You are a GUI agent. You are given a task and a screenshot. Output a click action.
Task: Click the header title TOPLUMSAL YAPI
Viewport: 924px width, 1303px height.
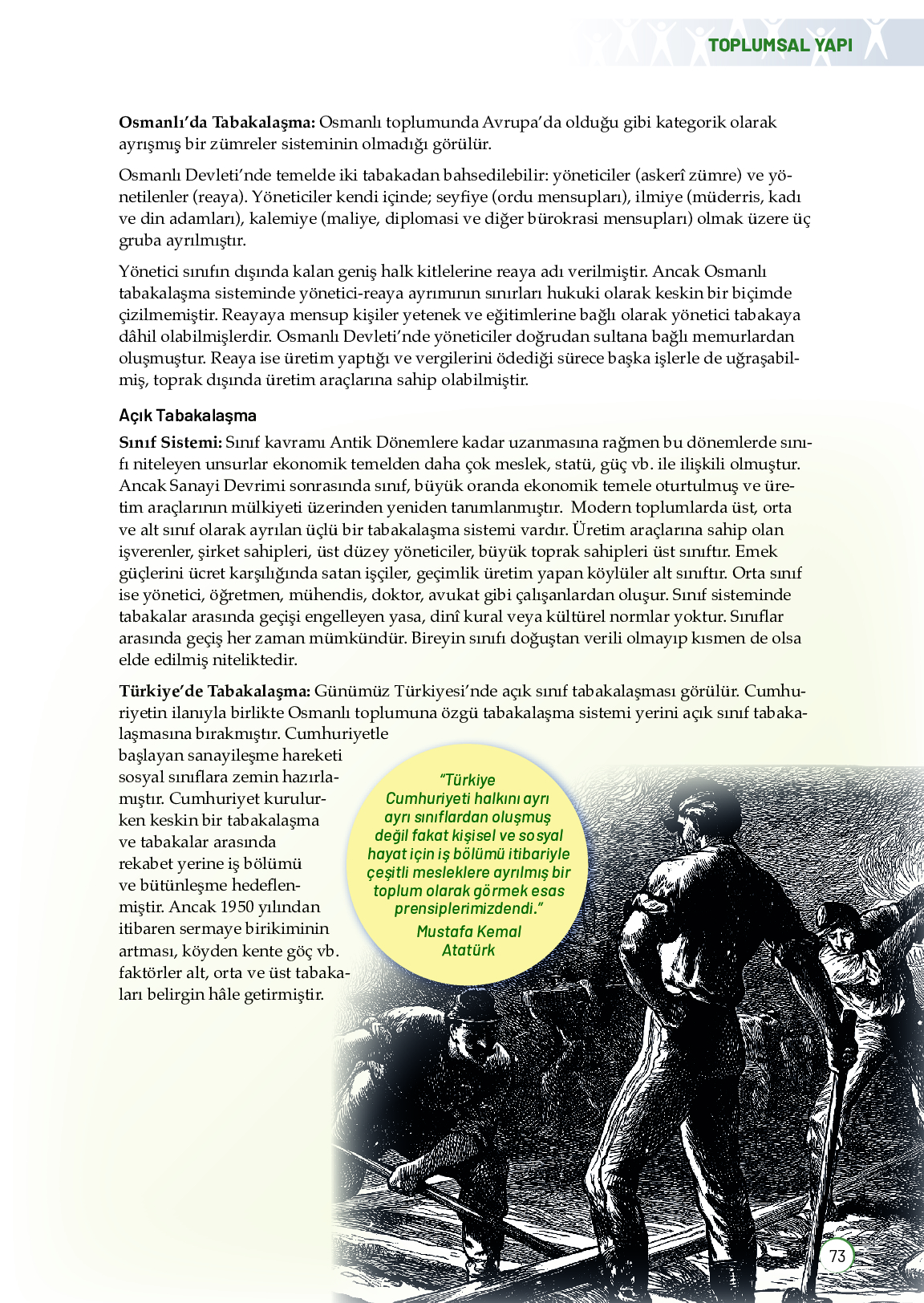pyautogui.click(x=780, y=45)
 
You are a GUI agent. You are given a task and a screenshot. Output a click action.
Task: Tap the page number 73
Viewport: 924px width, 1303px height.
pyautogui.click(x=837, y=1256)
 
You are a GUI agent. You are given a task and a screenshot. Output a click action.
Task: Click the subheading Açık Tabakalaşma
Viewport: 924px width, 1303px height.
pyautogui.click(x=188, y=416)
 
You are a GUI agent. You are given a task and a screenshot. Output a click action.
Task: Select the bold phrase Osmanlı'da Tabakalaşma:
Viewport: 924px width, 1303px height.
pyautogui.click(x=217, y=123)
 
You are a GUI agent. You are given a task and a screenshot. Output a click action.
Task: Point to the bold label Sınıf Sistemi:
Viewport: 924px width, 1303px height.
pyautogui.click(x=170, y=442)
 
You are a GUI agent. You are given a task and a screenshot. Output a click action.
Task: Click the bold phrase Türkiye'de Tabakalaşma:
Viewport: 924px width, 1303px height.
pyautogui.click(x=214, y=691)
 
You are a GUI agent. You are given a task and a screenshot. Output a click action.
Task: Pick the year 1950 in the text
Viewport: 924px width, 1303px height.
pyautogui.click(x=237, y=907)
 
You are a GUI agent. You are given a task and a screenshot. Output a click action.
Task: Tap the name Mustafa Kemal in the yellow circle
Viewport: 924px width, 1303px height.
pyautogui.click(x=468, y=932)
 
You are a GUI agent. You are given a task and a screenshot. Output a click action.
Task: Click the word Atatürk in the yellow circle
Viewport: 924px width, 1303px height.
pyautogui.click(x=468, y=950)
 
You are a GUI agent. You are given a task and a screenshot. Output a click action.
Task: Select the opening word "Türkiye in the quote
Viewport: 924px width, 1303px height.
pyautogui.click(x=468, y=780)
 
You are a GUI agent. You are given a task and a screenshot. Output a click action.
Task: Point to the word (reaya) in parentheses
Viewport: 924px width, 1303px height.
pyautogui.click(x=218, y=197)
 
